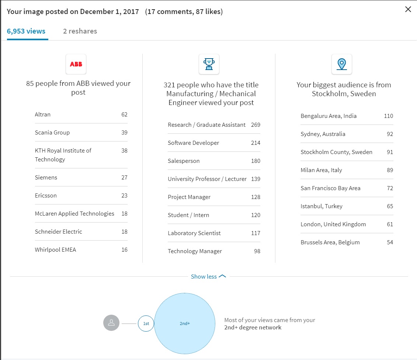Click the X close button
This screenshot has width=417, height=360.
pyautogui.click(x=408, y=10)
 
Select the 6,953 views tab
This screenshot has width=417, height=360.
pyautogui.click(x=26, y=31)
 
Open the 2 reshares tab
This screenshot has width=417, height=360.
pyautogui.click(x=80, y=31)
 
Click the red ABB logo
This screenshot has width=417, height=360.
pyautogui.click(x=76, y=64)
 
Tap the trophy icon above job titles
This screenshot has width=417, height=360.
pyautogui.click(x=209, y=64)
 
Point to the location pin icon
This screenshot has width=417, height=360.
pyautogui.click(x=342, y=64)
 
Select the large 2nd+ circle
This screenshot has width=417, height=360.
pyautogui.click(x=184, y=324)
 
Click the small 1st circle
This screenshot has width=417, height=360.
pyautogui.click(x=146, y=324)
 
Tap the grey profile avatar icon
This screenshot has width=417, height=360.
pyautogui.click(x=111, y=323)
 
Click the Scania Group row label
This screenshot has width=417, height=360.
pyautogui.click(x=52, y=133)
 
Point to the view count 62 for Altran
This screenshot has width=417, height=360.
pyautogui.click(x=124, y=115)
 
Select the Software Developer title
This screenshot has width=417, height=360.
pyautogui.click(x=194, y=143)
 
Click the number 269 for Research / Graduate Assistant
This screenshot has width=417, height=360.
pyautogui.click(x=256, y=125)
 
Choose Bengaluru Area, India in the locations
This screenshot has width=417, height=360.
pyautogui.click(x=329, y=116)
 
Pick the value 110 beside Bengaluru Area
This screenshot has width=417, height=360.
pyautogui.click(x=388, y=116)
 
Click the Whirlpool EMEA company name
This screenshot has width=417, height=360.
pyautogui.click(x=55, y=250)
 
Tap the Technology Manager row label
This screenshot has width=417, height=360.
pyautogui.click(x=195, y=251)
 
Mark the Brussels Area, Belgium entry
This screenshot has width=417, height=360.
pyautogui.click(x=330, y=242)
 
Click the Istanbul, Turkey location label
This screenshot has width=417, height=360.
pyautogui.click(x=322, y=206)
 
